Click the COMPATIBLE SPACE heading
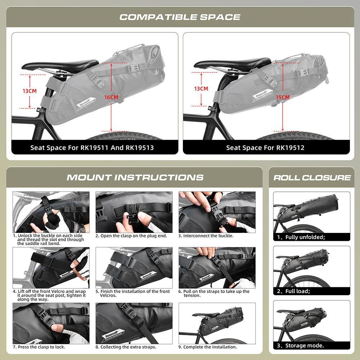pyautogui.click(x=180, y=17)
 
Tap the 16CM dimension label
pyautogui.click(x=111, y=97)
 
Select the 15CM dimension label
pyautogui.click(x=283, y=97)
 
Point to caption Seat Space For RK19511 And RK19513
pyautogui.click(x=92, y=148)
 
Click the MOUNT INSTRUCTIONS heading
pyautogui.click(x=135, y=177)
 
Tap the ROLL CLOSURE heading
pyautogui.click(x=312, y=177)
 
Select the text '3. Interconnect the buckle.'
pyautogui.click(x=206, y=236)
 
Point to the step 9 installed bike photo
pyautogui.click(x=217, y=323)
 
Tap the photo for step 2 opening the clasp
pyautogui.click(x=134, y=212)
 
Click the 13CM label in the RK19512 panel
pyautogui.click(x=201, y=89)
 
